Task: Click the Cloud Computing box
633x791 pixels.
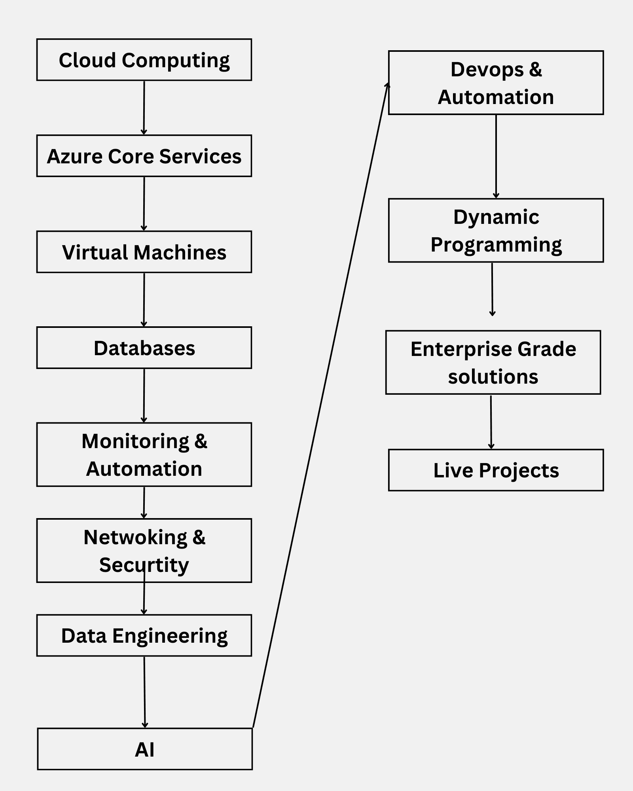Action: (x=144, y=60)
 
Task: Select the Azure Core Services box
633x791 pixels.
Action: (x=144, y=156)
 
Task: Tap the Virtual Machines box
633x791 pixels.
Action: (x=144, y=252)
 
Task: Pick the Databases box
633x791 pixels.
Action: (x=144, y=348)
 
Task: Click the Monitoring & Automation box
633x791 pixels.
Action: (x=144, y=454)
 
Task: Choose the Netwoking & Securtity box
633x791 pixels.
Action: (x=144, y=551)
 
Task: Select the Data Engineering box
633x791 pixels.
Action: (x=144, y=635)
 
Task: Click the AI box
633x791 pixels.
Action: (x=145, y=749)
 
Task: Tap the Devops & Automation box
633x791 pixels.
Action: (x=496, y=83)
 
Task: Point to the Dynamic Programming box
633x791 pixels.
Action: (x=496, y=230)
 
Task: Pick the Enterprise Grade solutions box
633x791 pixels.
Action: (x=493, y=362)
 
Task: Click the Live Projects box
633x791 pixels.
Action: (x=496, y=470)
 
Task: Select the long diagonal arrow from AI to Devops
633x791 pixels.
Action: (x=320, y=405)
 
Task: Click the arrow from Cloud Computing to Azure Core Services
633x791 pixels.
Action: (x=144, y=108)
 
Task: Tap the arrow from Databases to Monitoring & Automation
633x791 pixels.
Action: (x=144, y=395)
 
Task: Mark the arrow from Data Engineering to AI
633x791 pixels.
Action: (x=144, y=692)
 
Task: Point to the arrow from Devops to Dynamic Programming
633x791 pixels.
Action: (x=496, y=156)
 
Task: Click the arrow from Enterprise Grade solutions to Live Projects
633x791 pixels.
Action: (x=491, y=422)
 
